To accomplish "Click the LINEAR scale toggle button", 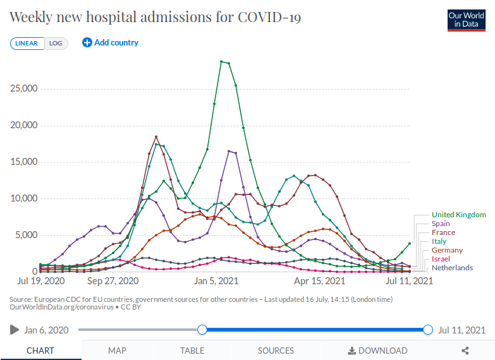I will pos(27,44).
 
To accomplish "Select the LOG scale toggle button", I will pos(56,44).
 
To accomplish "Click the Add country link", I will pos(111,43).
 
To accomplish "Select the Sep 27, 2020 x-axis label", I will pos(113,280).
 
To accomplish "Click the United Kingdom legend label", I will pos(458,215).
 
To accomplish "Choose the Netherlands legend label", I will pos(452,268).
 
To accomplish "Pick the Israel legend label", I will pos(441,259).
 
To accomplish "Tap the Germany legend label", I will pos(447,250).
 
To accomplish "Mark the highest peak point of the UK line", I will pos(221,61).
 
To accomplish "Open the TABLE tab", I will pos(192,351).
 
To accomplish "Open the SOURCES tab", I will pos(276,351).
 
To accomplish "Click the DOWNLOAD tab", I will pos(377,351).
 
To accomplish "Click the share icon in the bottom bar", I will pos(465,351).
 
